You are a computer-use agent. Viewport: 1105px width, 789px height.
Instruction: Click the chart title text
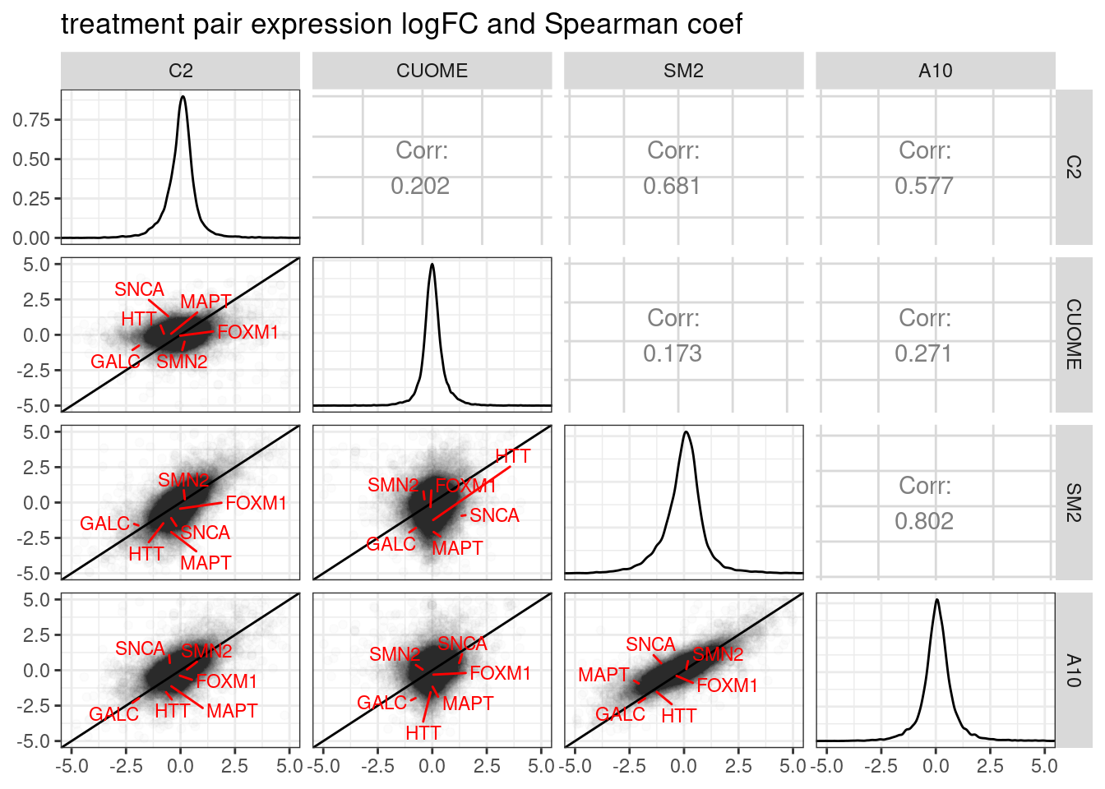click(401, 25)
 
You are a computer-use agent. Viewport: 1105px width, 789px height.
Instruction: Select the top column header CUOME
click(432, 71)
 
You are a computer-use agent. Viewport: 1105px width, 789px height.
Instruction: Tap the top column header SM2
click(683, 71)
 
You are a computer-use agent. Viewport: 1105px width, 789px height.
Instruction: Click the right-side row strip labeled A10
click(1073, 670)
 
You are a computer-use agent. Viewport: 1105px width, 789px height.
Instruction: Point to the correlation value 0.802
click(924, 521)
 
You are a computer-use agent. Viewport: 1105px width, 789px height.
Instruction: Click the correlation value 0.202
click(420, 186)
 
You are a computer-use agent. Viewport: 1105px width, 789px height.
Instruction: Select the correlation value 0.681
click(672, 186)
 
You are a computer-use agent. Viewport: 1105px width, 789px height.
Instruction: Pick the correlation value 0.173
click(672, 353)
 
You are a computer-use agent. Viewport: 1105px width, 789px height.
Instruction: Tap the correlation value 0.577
click(924, 186)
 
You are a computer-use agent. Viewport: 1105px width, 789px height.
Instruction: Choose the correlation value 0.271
click(924, 353)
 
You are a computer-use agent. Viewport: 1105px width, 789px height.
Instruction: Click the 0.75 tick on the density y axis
click(31, 120)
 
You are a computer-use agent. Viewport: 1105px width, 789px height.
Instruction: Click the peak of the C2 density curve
click(183, 97)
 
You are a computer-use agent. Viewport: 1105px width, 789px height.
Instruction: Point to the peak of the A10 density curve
click(936, 600)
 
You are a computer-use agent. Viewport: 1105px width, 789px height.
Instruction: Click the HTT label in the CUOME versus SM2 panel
click(513, 456)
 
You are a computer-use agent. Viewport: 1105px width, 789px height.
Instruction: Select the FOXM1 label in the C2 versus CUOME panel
click(247, 332)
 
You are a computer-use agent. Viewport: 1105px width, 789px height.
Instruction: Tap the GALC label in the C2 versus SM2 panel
click(104, 524)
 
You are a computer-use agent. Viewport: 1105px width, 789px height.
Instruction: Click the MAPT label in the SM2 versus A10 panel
click(603, 675)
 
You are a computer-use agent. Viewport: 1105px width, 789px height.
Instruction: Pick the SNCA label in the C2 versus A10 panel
click(140, 648)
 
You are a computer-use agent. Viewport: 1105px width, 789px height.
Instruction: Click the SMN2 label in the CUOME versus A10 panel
click(395, 654)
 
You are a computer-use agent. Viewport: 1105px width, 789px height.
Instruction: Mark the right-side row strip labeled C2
click(1073, 167)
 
